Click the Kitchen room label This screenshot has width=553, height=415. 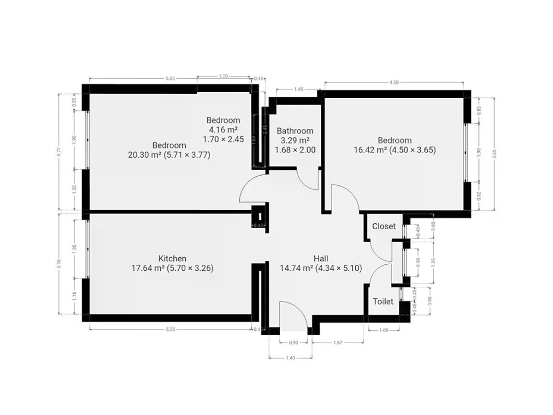click(172, 259)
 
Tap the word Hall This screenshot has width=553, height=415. click(321, 259)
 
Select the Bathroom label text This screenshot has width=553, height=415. click(295, 131)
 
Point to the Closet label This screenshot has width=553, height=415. click(384, 226)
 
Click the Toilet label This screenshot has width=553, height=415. click(383, 302)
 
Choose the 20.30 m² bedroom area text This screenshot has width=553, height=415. click(144, 155)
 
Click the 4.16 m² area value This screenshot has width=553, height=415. click(223, 130)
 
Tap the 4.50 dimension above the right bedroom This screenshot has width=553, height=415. click(394, 83)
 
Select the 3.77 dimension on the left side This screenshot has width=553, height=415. click(59, 152)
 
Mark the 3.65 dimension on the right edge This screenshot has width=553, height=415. click(494, 154)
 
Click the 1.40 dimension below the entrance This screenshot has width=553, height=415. click(290, 358)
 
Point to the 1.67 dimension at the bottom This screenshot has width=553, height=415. click(338, 343)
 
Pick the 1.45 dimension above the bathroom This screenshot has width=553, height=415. click(299, 89)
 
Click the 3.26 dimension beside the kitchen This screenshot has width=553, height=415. click(59, 264)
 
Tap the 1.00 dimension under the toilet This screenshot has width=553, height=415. click(384, 330)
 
